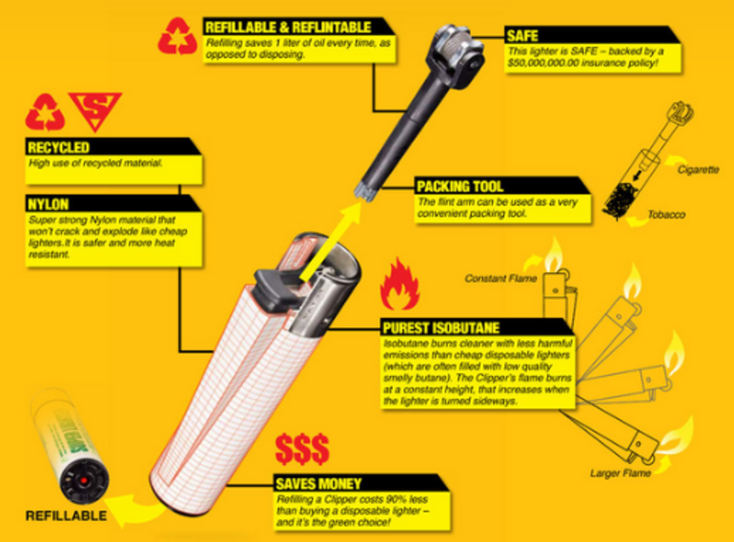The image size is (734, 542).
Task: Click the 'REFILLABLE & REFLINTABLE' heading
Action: tap(288, 27)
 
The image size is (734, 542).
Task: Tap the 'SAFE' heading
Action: tap(522, 35)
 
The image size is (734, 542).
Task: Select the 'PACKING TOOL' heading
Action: tap(460, 186)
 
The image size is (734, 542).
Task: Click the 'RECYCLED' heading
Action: tap(58, 148)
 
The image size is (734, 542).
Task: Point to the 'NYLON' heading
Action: tap(49, 204)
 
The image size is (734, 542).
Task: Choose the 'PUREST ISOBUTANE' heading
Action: tap(441, 327)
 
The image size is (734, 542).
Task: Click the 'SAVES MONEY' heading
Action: tap(318, 484)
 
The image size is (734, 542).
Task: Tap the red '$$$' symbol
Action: tap(302, 448)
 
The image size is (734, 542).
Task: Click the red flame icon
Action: tap(399, 284)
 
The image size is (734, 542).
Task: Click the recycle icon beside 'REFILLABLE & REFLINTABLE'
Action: tap(177, 36)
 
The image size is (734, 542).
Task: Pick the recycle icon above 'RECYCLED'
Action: tap(45, 112)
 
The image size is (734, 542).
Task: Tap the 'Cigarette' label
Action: tap(698, 170)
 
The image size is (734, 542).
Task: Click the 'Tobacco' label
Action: tap(666, 215)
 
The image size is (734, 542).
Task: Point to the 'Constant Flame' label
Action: tap(500, 279)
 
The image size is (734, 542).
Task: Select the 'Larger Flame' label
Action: tap(621, 473)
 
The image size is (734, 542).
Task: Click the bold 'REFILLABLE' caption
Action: tap(66, 516)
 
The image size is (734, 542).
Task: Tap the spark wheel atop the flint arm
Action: tap(454, 48)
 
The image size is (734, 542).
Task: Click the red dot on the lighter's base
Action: tap(84, 481)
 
